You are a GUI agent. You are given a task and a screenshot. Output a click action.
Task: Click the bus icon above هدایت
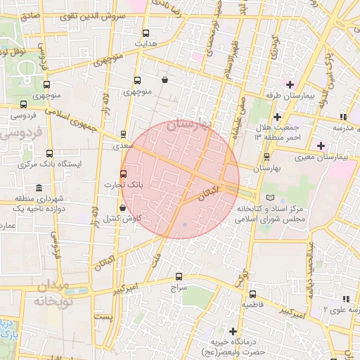point(146,33)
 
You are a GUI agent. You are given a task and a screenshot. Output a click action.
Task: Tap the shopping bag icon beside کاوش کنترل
point(124,207)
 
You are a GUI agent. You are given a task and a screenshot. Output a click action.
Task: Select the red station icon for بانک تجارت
point(124,174)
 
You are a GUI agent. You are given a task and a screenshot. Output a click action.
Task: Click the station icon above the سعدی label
point(124,134)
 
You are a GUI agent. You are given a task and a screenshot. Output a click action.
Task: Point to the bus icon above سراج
point(179,276)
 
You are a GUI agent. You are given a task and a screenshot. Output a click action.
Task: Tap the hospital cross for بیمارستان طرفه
point(289,84)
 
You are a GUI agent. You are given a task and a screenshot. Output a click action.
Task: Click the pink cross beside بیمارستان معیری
point(321,146)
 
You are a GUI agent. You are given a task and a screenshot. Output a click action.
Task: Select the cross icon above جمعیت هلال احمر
point(278,116)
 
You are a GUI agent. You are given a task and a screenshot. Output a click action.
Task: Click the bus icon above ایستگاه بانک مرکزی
point(49,153)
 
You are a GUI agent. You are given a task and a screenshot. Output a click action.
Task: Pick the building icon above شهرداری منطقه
point(37,188)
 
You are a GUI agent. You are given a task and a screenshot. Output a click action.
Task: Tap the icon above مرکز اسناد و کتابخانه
point(271,198)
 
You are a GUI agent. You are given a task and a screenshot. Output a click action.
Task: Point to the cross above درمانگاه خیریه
point(233,330)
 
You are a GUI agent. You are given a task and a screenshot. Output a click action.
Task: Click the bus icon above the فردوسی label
point(23,105)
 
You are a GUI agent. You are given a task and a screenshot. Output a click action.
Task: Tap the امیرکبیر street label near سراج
point(131,288)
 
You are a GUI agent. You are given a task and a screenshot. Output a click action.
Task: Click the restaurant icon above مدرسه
point(342,117)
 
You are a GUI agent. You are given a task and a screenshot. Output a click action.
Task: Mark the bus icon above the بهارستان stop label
point(266,157)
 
